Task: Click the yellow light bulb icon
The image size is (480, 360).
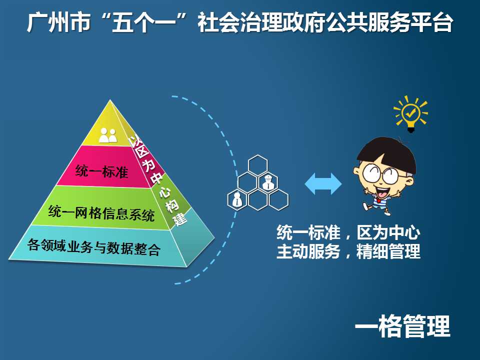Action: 410,113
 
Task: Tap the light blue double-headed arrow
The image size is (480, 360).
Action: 323,183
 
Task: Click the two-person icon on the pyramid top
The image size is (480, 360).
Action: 108,135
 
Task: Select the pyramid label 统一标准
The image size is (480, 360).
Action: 101,171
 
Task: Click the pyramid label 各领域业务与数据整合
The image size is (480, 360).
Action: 94,247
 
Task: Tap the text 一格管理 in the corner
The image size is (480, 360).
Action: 402,326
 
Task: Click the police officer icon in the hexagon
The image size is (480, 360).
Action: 268,182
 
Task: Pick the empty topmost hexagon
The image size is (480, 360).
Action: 258,165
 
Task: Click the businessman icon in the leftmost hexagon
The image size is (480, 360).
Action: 237,199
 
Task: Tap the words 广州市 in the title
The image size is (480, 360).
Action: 58,22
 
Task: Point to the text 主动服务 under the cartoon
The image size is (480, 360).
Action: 308,251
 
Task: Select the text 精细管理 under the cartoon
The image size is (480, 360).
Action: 388,251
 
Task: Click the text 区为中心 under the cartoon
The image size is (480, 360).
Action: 388,232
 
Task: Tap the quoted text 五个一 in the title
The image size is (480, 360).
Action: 143,22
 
